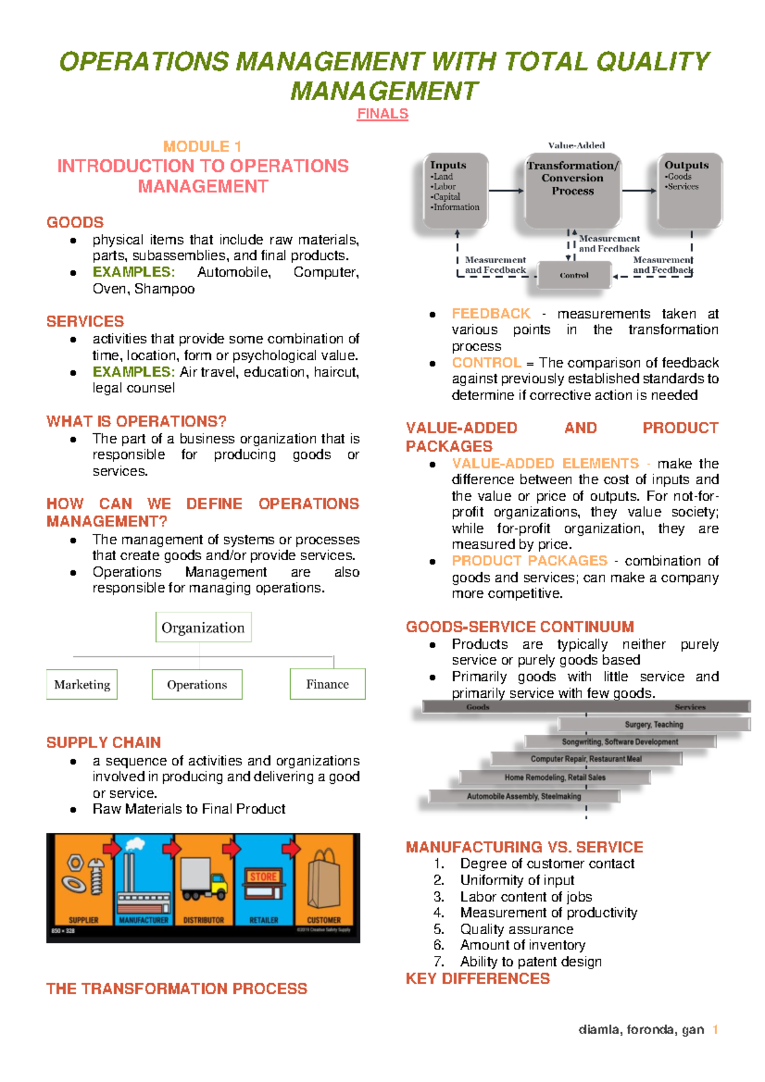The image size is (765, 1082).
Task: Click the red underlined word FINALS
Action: coord(382,114)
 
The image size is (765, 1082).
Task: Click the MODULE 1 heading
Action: coord(202,147)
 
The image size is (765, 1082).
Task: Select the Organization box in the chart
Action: coord(203,628)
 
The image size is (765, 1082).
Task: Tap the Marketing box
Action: coord(82,684)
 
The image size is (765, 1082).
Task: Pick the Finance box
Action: coord(328,684)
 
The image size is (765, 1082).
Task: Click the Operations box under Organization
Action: coord(197,684)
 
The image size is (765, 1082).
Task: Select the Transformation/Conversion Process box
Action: coord(572,190)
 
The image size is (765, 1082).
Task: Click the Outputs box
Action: coord(689,190)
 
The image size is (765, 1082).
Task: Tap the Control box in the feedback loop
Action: coord(574,275)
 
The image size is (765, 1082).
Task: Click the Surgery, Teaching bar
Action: coord(653,725)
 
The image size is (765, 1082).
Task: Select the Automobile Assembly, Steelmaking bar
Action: coord(524,797)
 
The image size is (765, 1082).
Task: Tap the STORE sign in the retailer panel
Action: coord(263,877)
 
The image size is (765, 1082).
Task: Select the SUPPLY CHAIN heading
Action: coord(103,742)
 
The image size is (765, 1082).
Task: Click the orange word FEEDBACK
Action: coord(491,314)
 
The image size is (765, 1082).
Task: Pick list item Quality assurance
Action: coord(516,929)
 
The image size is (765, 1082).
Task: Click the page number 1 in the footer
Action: coord(715,1030)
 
